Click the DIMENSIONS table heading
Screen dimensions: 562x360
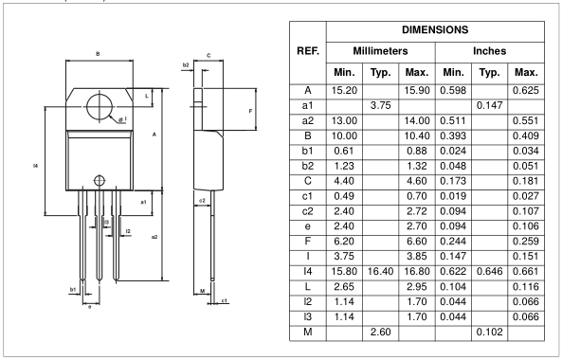435,29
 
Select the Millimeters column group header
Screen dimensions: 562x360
380,51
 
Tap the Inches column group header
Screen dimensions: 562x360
490,51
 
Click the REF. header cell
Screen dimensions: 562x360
308,51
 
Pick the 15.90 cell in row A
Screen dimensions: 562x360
417,90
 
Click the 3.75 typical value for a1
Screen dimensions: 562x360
380,106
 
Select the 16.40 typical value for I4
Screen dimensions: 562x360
380,272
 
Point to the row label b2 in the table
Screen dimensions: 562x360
307,166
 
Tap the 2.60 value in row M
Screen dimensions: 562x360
380,333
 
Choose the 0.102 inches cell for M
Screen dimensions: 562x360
490,333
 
